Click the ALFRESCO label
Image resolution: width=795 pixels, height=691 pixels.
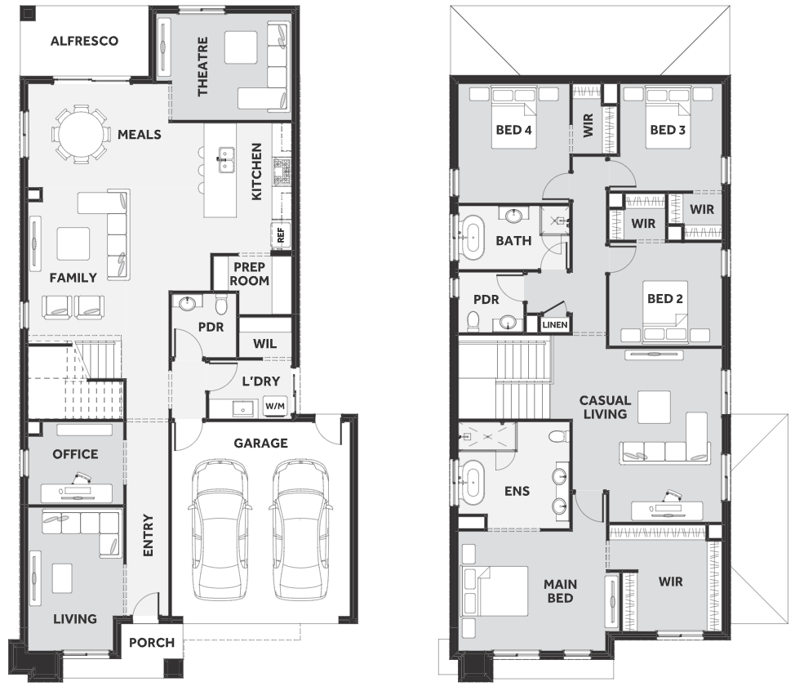pos(84,41)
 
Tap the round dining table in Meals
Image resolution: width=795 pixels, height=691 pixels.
pos(81,135)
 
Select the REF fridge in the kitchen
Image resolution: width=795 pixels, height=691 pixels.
pos(281,235)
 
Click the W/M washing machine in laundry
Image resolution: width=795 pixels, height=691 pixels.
pos(275,406)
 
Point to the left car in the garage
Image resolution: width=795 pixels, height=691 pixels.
pos(219,529)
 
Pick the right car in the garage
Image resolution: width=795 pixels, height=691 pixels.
pos(300,529)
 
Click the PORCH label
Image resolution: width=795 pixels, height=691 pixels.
pos(152,643)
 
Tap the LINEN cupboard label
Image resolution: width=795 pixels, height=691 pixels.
pos(555,325)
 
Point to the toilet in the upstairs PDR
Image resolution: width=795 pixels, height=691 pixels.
pos(473,321)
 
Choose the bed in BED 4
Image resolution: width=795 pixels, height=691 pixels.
pos(513,118)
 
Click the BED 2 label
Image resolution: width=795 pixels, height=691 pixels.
pos(664,299)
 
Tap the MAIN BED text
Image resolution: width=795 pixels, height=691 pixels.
pos(560,591)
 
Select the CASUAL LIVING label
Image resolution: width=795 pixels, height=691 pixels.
pos(605,408)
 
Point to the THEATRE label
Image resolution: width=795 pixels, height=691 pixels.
pos(202,66)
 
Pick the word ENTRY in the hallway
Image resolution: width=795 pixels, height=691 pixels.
pos(148,535)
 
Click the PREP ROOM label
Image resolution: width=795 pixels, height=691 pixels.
pos(250,274)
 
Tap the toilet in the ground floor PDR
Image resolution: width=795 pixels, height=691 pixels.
pos(221,305)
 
